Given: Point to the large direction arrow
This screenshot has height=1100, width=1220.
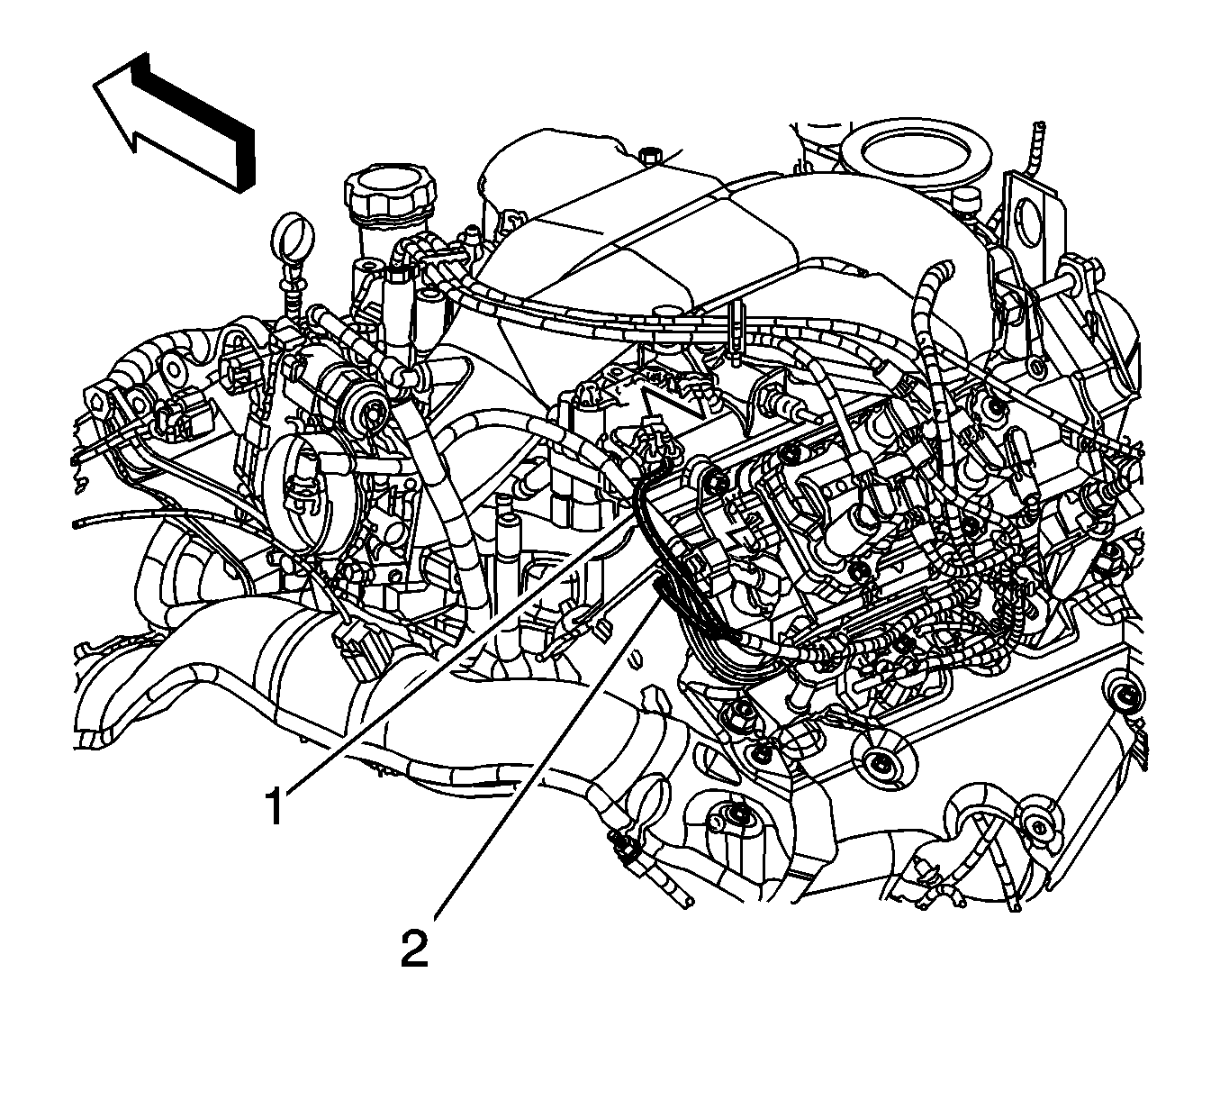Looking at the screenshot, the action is [x=175, y=122].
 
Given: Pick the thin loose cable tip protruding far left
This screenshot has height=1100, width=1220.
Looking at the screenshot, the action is [x=76, y=523].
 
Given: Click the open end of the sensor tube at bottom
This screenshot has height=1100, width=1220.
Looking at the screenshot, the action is [x=686, y=904].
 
